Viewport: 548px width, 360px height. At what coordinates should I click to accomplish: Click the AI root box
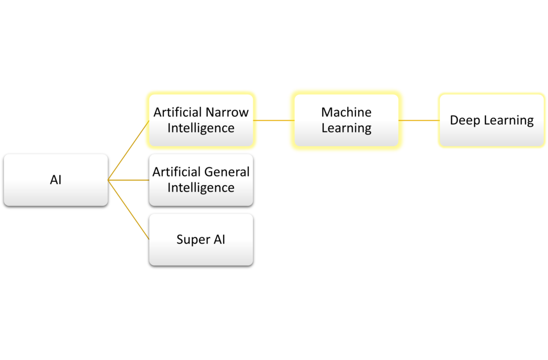point(56,180)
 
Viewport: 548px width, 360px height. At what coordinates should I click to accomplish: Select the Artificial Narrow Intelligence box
point(201,120)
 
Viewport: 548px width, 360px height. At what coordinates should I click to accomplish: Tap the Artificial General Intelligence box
point(201,180)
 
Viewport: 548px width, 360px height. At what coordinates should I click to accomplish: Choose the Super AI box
point(201,240)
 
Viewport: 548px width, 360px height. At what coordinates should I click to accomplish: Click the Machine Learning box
point(346,120)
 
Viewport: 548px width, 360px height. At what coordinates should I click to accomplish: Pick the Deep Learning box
point(491,120)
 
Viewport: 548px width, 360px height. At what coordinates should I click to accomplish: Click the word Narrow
point(227,112)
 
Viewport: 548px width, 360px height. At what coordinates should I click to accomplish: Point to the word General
point(227,172)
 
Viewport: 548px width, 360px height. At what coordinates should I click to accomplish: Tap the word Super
point(193,240)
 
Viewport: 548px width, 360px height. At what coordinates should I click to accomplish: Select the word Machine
point(346,112)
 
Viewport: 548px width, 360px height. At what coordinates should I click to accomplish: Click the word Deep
point(465,120)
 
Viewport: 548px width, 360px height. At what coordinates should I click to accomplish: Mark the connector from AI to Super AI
point(128,210)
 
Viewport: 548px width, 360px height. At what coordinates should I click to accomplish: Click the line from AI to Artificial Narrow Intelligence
point(128,150)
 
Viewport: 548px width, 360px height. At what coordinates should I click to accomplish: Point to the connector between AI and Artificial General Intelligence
point(128,180)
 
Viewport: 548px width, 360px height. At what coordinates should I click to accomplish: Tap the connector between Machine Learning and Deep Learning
point(418,120)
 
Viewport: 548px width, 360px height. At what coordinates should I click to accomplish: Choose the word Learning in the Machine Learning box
point(346,128)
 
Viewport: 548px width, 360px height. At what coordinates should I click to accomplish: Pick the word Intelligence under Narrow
point(201,128)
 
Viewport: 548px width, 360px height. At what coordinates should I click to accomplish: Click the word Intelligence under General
point(201,188)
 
